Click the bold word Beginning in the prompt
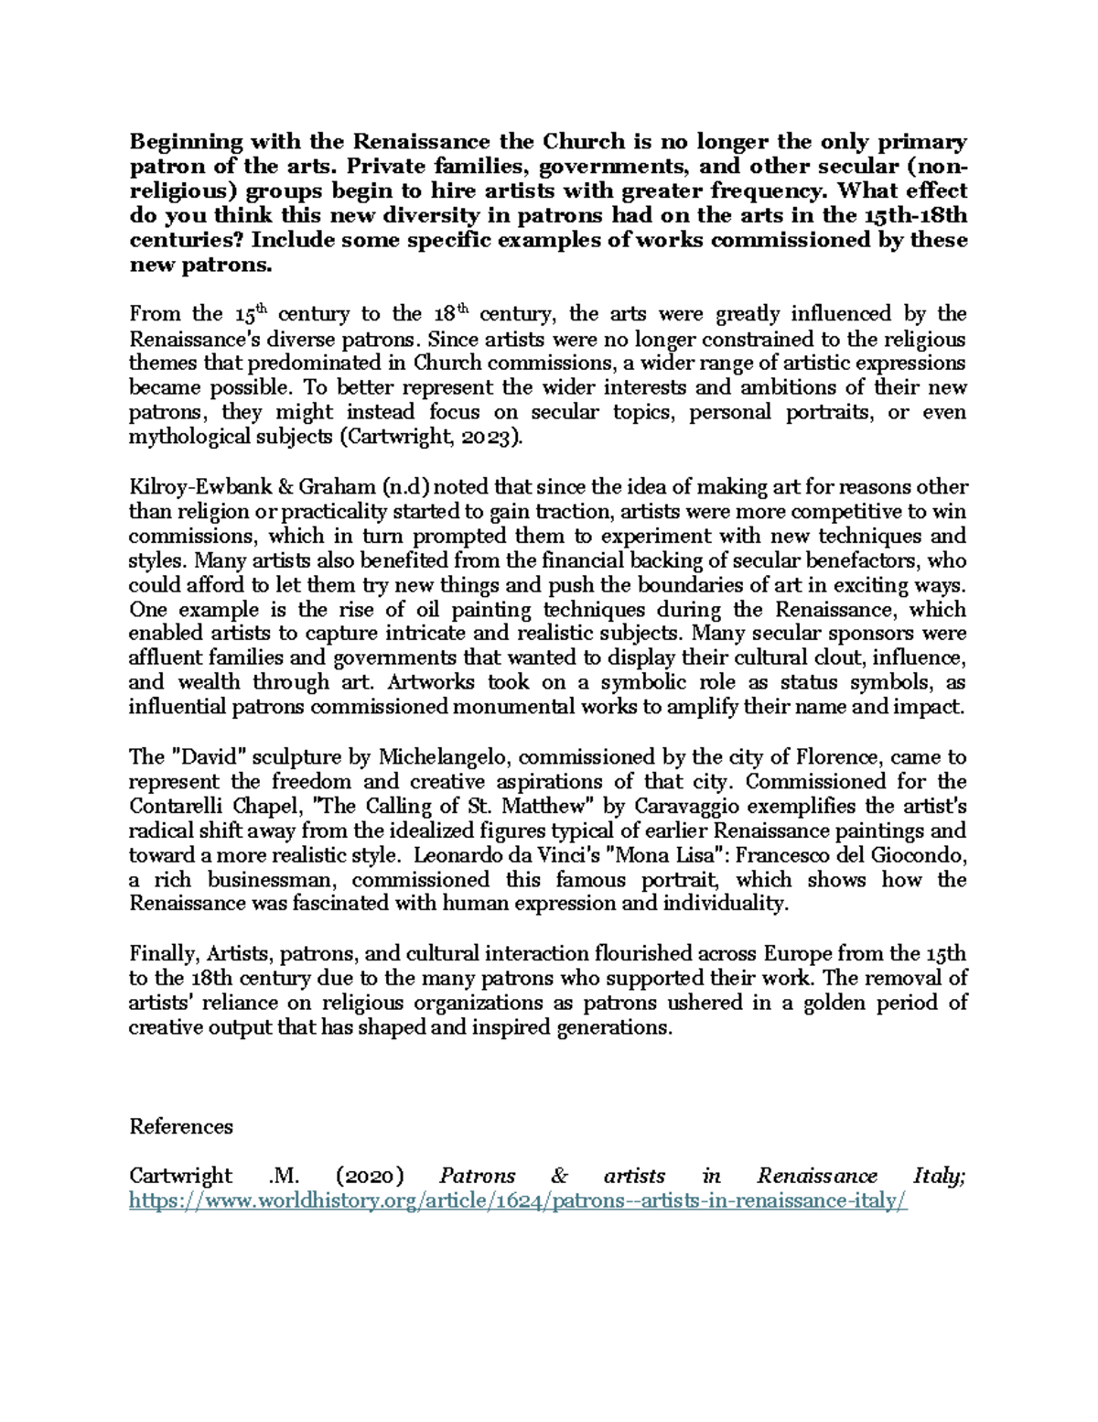click(x=186, y=142)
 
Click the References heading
click(x=181, y=1126)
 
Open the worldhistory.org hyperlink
click(x=518, y=1201)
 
